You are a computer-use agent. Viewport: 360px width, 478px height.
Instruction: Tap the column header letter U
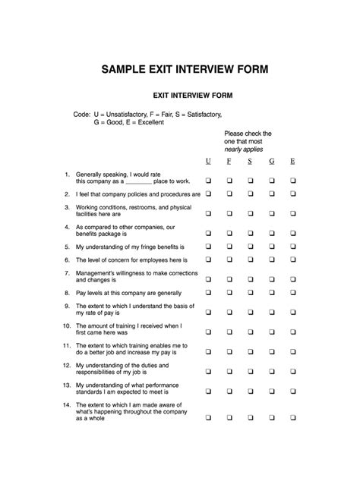click(208, 162)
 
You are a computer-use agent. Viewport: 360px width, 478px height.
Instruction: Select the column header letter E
click(292, 162)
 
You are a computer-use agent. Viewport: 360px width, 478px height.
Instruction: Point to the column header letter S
click(249, 162)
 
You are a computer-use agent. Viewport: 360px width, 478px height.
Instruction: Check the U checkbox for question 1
click(208, 181)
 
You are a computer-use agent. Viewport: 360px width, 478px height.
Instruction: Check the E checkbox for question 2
click(292, 194)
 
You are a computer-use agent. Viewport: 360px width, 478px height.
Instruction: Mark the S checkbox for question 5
click(249, 246)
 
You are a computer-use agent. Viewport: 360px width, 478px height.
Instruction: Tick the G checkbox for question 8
click(271, 292)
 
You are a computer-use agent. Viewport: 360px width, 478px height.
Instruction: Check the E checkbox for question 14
click(292, 417)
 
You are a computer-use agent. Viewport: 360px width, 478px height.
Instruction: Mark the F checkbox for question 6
click(229, 259)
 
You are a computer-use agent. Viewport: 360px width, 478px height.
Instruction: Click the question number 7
click(68, 272)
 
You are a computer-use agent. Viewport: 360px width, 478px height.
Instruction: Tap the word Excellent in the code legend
click(146, 122)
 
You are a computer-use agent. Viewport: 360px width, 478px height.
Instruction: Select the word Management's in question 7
click(97, 272)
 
